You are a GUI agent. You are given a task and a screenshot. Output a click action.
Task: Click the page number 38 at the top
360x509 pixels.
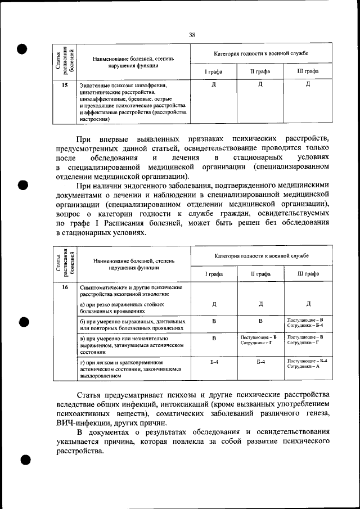(192, 35)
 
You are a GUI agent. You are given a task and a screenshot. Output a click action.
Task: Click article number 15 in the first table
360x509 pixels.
(65, 85)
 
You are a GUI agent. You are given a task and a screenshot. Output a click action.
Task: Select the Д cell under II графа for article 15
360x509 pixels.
(260, 85)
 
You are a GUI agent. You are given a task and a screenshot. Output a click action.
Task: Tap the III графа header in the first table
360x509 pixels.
(308, 71)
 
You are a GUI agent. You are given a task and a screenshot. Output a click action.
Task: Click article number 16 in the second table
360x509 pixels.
(65, 287)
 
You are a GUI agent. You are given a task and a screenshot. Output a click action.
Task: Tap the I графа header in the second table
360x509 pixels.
(214, 273)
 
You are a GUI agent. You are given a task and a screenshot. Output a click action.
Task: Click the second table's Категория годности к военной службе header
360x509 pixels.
(261, 255)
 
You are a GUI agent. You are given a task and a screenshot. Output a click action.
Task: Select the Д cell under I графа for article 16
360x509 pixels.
(214, 304)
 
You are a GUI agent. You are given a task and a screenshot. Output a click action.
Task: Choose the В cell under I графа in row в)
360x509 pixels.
(214, 339)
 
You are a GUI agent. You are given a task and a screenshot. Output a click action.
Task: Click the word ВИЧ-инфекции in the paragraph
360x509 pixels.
(83, 422)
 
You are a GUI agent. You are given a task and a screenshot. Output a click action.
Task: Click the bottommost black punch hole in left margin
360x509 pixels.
(24, 460)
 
